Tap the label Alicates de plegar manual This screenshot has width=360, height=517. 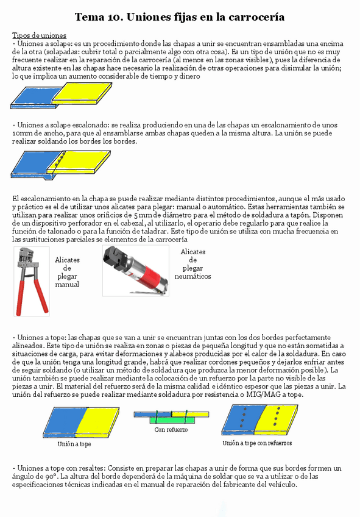67,272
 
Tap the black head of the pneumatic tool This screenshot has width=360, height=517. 116,257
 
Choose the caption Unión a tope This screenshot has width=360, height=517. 74,444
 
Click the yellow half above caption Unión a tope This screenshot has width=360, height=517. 94,421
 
